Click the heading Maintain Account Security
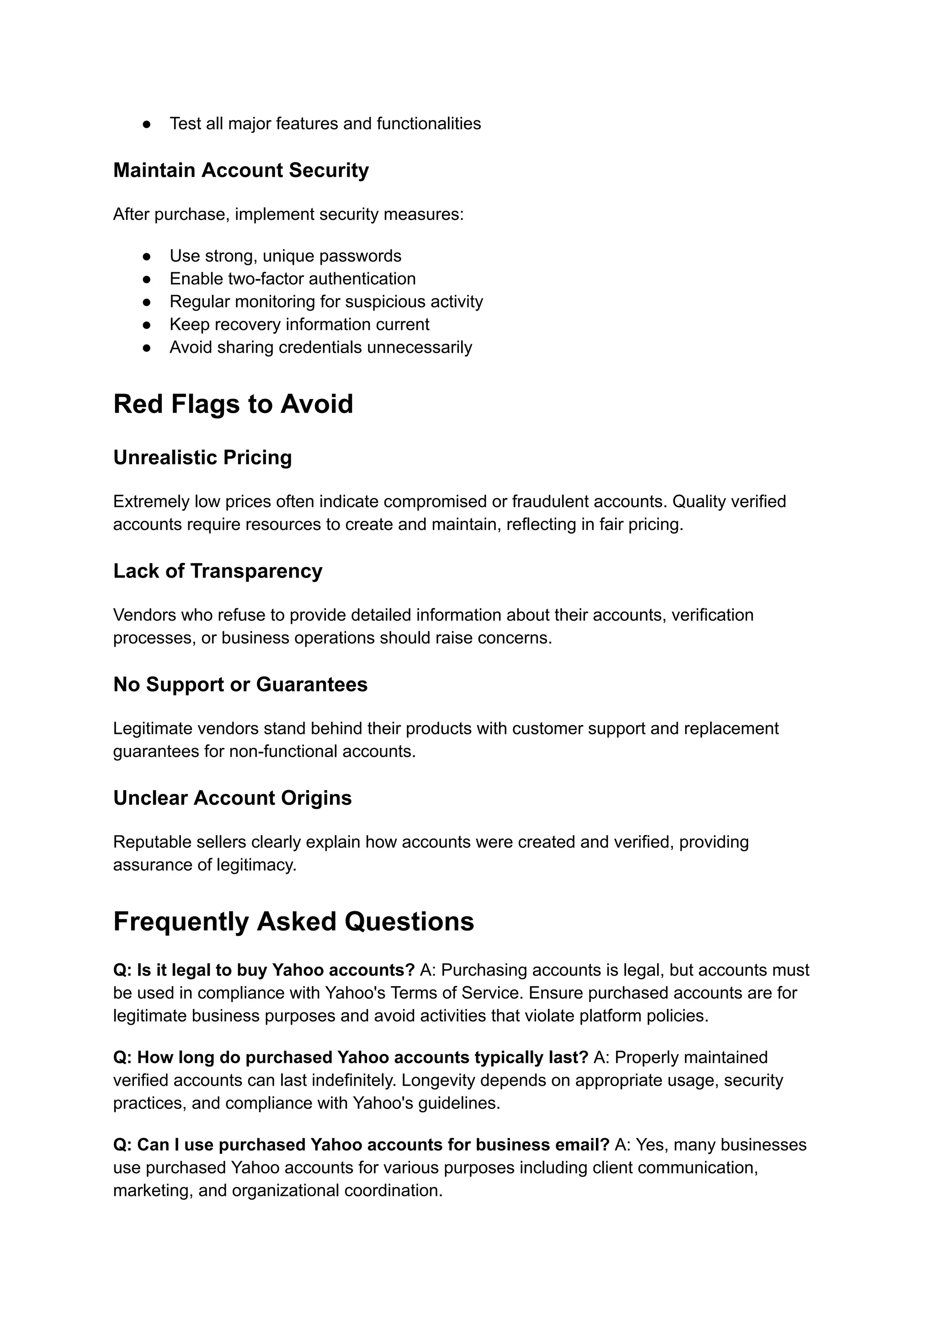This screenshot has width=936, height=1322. click(241, 170)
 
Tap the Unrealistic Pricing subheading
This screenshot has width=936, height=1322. click(202, 457)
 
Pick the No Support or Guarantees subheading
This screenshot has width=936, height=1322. click(240, 685)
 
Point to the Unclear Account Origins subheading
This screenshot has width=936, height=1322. click(232, 798)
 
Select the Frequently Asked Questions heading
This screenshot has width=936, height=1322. click(293, 922)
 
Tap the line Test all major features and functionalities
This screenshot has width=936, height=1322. click(325, 124)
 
